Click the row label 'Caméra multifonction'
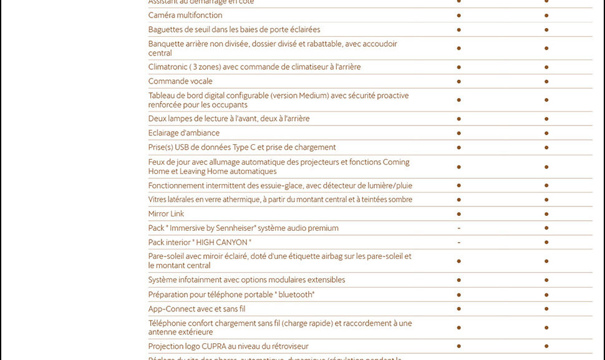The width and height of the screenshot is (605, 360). pyautogui.click(x=185, y=15)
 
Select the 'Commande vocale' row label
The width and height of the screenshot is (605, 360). pyautogui.click(x=180, y=81)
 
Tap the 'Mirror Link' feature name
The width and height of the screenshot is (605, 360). pyautogui.click(x=166, y=213)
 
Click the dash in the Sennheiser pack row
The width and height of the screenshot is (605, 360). pyautogui.click(x=458, y=228)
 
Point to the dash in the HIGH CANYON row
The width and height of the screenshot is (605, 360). pyautogui.click(x=458, y=243)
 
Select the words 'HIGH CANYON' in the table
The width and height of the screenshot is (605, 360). pyautogui.click(x=222, y=242)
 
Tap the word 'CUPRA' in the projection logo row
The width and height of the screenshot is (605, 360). pyautogui.click(x=218, y=346)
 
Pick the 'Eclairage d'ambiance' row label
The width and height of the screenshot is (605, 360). pyautogui.click(x=183, y=132)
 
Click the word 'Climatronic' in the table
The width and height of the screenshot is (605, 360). pyautogui.click(x=167, y=67)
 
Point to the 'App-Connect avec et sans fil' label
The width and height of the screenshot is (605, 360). pyautogui.click(x=196, y=308)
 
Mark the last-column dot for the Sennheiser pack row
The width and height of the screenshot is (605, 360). pyautogui.click(x=546, y=228)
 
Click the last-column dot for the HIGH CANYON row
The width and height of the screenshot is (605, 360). pyautogui.click(x=546, y=243)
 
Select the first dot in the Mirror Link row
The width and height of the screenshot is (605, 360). pyautogui.click(x=458, y=214)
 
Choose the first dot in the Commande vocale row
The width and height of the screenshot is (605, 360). pyautogui.click(x=458, y=81)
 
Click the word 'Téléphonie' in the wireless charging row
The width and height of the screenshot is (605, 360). pyautogui.click(x=167, y=323)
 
